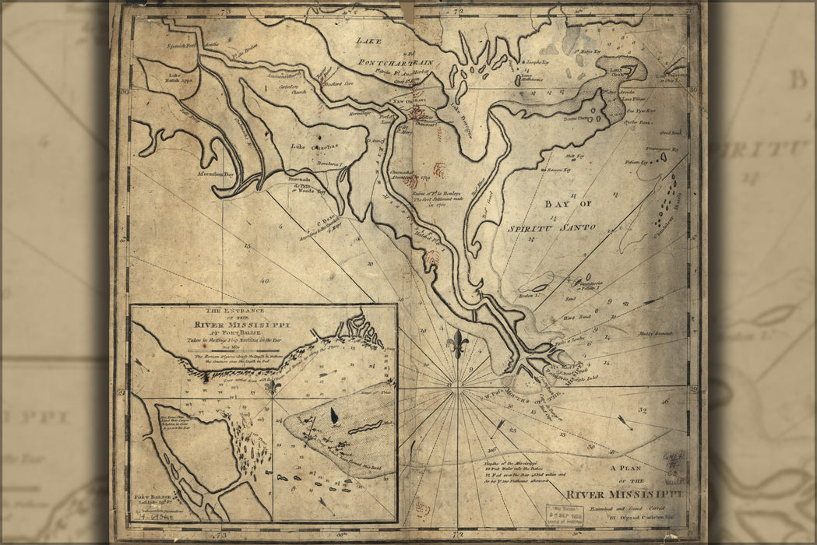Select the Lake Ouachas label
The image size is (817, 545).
308,146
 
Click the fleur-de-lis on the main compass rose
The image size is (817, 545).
458,343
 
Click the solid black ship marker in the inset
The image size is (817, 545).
335,416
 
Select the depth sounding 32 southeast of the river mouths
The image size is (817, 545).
643,410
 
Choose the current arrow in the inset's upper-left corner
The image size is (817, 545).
141,363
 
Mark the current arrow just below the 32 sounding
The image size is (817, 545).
625,422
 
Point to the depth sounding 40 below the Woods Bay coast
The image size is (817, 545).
265,280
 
